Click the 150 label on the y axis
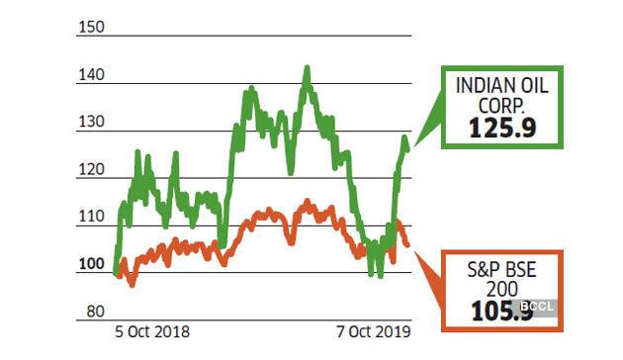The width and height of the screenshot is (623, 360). [90, 27]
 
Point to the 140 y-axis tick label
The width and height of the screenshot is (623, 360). [90, 74]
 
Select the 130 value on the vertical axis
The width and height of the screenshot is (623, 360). [90, 122]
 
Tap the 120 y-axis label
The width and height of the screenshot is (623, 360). [90, 169]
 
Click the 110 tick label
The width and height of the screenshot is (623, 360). [90, 217]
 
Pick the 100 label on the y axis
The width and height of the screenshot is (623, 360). [90, 264]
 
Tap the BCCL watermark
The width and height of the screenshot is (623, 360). [539, 308]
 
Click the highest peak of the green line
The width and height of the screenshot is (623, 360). [307, 69]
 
